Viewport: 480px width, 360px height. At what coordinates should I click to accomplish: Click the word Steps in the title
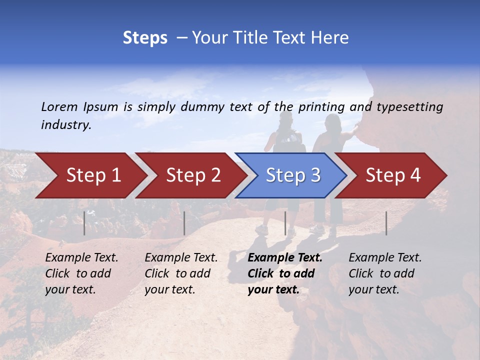145,38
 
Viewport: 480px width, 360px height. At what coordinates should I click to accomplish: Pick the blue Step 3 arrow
293,175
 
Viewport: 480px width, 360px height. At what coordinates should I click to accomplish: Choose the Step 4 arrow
393,175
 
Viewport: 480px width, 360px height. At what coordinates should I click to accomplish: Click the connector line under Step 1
84,223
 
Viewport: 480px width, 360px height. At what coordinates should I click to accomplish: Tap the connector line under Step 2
184,223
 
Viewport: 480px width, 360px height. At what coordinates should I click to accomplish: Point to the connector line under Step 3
285,223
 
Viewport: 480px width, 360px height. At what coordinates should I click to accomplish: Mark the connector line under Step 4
386,223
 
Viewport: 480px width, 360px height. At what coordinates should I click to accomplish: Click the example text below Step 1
81,273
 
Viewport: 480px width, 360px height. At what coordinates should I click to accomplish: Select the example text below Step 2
181,273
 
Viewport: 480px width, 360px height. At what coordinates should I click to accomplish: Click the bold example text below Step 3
284,273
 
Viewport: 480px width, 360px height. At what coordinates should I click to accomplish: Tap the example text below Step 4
385,273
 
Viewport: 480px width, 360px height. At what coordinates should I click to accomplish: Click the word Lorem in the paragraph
59,107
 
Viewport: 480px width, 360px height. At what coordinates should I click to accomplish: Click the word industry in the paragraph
65,125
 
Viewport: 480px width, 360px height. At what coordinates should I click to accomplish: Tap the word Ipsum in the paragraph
100,107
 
